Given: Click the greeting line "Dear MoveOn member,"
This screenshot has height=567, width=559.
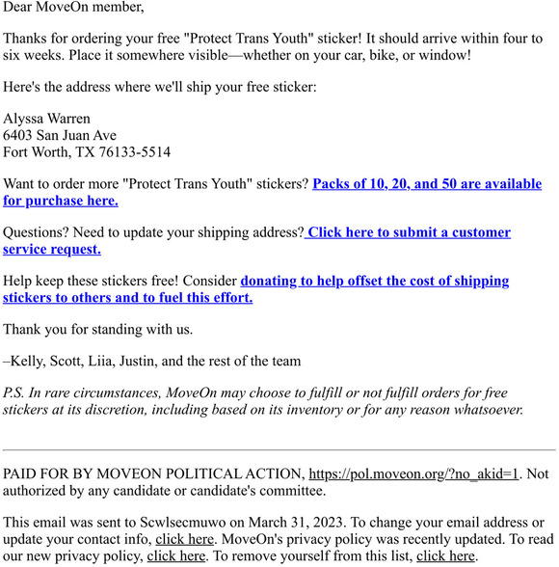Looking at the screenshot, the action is coord(73,8).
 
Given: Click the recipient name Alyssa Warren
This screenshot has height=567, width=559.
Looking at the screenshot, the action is coord(47,119).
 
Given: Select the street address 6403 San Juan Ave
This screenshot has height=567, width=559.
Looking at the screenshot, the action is coord(60,135).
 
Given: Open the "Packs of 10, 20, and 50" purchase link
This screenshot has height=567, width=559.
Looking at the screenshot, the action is coord(427,183).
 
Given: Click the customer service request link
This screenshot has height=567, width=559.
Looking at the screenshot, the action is coord(409,232).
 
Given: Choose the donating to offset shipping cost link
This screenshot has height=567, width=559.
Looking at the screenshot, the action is coord(374,281).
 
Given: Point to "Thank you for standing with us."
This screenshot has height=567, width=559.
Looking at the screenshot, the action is coord(98,329).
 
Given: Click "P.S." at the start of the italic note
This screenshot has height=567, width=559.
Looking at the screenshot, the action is coord(13,393).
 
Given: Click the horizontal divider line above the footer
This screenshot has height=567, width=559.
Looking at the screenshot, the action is coord(279,450).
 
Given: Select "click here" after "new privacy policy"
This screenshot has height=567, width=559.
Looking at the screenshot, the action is coord(176,555).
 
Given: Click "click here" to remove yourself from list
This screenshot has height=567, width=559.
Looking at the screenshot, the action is coord(445,555).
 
